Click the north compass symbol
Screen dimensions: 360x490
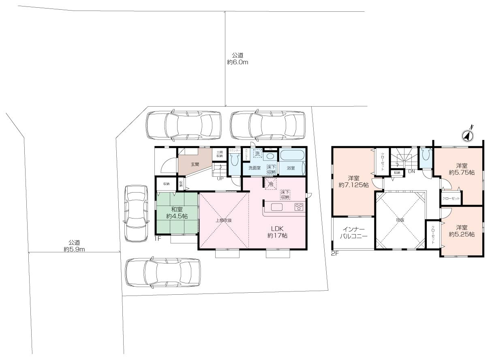(468, 136)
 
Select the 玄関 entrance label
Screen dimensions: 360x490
(195, 165)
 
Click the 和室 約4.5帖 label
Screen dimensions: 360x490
(176, 213)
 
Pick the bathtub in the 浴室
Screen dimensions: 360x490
(292, 155)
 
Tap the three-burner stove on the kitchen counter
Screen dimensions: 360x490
(299, 207)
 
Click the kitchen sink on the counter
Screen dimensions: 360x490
(277, 207)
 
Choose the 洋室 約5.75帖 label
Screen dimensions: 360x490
(462, 169)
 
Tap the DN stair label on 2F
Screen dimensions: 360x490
(411, 171)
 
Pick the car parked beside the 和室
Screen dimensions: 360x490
(136, 214)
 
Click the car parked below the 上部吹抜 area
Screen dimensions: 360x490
(163, 272)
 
